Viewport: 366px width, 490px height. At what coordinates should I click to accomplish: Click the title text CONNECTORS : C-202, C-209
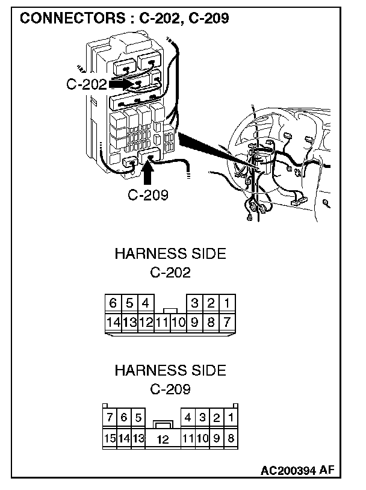tap(125, 19)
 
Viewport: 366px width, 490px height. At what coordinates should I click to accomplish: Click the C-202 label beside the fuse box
tap(86, 85)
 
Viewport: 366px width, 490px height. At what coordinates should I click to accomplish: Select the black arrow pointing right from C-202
tap(122, 84)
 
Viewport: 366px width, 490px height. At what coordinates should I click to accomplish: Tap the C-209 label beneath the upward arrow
tap(148, 194)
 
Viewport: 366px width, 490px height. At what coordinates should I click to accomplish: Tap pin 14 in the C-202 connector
tap(113, 322)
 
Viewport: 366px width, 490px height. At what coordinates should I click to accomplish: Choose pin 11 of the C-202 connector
tap(161, 322)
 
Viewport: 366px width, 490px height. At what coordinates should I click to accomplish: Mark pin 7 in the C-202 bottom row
tap(226, 322)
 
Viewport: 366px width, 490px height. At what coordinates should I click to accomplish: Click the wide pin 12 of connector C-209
tap(163, 439)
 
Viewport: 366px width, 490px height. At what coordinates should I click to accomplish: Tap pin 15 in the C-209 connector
tap(110, 438)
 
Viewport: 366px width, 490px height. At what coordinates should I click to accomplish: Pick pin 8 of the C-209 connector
tap(231, 438)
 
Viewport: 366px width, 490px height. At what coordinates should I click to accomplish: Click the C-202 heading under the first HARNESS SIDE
tap(170, 272)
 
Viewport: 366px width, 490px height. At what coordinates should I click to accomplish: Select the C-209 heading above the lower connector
tap(170, 389)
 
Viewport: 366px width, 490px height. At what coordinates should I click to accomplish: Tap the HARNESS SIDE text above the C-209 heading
tap(170, 370)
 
